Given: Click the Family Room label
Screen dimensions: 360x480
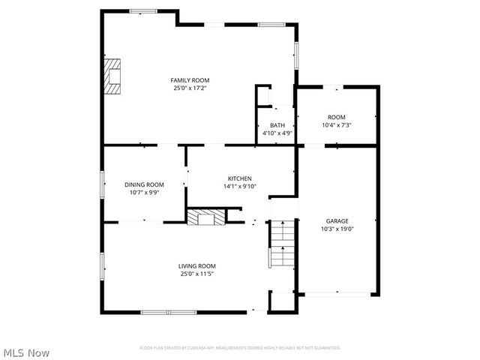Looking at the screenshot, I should [x=190, y=80].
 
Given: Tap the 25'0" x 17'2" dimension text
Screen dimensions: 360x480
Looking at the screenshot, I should [x=190, y=88].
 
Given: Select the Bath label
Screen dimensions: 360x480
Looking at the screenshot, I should [x=277, y=125].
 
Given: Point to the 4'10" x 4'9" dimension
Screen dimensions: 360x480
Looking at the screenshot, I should [x=277, y=133].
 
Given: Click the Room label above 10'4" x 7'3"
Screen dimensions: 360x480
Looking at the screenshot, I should [x=336, y=117].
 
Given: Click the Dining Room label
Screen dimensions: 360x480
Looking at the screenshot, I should [x=144, y=184].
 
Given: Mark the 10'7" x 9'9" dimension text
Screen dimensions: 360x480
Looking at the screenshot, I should [x=144, y=192].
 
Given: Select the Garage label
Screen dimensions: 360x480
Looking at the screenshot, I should [x=337, y=221].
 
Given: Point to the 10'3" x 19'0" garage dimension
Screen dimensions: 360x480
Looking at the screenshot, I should [x=337, y=229].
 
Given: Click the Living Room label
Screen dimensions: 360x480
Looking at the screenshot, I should [x=196, y=266].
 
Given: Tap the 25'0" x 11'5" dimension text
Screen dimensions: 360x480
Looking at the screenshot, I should [x=196, y=274].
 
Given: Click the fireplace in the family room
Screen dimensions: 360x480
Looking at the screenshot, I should [x=112, y=76].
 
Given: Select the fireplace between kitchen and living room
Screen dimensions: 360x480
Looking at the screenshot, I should [x=205, y=217].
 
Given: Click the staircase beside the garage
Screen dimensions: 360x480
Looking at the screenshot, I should [x=282, y=244].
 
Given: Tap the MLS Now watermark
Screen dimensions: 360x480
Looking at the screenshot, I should [x=26, y=352].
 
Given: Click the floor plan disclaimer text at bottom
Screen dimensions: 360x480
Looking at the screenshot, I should [x=240, y=348].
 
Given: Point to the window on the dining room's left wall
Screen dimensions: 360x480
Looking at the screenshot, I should [x=103, y=184].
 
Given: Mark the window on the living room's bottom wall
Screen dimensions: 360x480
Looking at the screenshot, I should [x=158, y=311].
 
